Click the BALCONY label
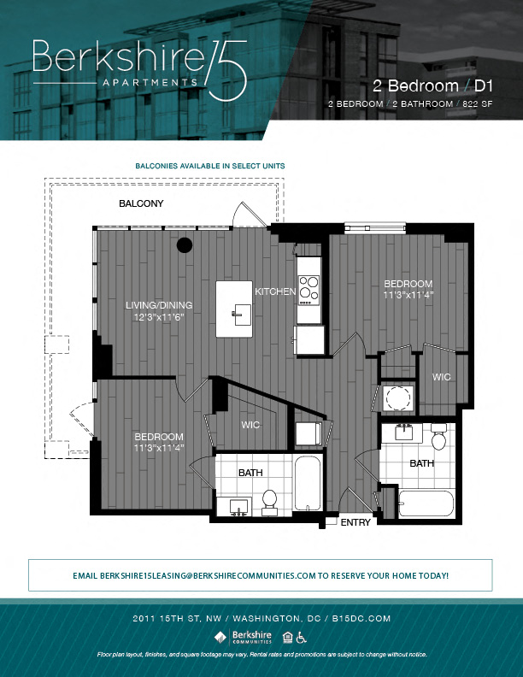[141, 204]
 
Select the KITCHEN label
[275, 292]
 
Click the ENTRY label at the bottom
[355, 521]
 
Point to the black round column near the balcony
[184, 246]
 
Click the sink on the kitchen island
[237, 313]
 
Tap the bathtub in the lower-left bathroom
[306, 483]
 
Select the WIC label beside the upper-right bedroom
[441, 377]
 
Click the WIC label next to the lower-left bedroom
[250, 425]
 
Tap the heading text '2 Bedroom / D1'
[433, 85]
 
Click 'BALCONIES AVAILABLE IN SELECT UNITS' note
[210, 166]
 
